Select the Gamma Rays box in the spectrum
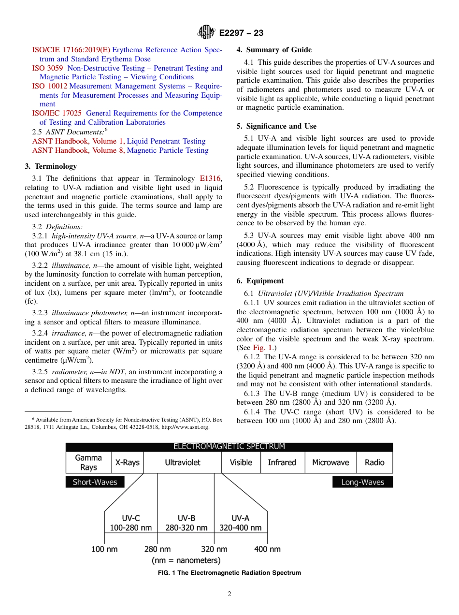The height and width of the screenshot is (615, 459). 88,463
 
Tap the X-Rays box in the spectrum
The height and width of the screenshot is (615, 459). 128,463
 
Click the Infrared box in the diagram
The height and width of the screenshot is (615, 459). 282,463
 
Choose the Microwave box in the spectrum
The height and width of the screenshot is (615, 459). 330,463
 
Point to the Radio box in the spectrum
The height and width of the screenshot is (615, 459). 374,463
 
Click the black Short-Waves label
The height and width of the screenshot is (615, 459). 95,482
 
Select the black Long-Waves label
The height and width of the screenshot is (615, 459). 362,482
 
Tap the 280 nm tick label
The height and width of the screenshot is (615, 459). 158,549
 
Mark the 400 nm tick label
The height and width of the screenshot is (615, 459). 267,549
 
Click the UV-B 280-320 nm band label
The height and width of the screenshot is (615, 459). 186,523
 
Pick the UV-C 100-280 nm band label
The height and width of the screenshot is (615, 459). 131,523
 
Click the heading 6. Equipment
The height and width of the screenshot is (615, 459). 260,281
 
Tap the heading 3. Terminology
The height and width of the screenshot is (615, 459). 51,166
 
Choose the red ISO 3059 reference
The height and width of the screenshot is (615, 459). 47,68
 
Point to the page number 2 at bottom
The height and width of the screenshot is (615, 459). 229,594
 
